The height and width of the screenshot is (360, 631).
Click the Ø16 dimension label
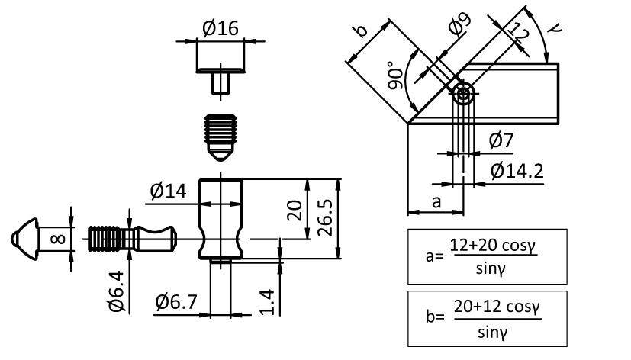[221, 28]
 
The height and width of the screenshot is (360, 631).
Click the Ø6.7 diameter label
[175, 302]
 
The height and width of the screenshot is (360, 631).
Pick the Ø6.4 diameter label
[116, 293]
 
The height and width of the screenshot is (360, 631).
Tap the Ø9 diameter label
[459, 27]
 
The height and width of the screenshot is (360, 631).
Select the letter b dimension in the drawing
[360, 31]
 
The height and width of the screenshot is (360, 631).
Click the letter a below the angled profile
[436, 202]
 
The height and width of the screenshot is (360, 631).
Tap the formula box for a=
[487, 255]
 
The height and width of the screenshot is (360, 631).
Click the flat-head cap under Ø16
[221, 78]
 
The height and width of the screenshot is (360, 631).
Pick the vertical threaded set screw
[221, 136]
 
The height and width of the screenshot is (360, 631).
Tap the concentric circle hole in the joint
[463, 94]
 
